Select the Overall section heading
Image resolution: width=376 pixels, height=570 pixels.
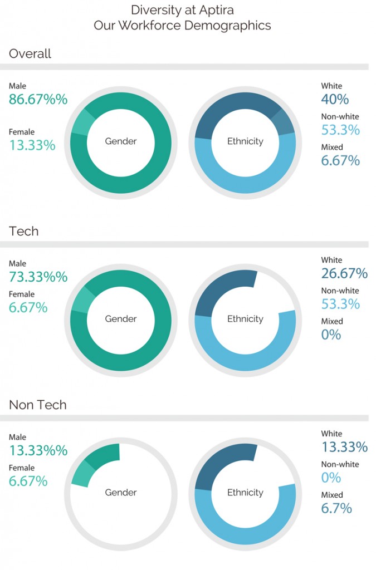[x=30, y=53]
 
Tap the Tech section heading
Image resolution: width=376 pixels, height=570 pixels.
[x=24, y=231]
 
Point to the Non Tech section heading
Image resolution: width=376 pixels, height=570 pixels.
[x=38, y=405]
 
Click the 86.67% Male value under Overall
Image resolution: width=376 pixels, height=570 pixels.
[x=38, y=100]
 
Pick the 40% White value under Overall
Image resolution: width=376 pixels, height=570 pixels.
[x=335, y=100]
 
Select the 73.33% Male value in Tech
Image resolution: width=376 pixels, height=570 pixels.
[x=38, y=277]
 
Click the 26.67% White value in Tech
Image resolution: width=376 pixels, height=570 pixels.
[x=344, y=273]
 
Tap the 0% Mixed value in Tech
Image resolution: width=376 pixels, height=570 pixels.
[x=331, y=335]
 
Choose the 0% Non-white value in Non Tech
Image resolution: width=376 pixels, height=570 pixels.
[x=331, y=478]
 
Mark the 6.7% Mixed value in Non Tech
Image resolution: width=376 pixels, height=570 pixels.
[x=336, y=508]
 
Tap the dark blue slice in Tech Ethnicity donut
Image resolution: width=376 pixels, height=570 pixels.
[x=218, y=288]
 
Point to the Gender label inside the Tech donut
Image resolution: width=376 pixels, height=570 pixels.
[x=121, y=319]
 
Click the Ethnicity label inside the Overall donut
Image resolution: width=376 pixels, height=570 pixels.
[x=245, y=141]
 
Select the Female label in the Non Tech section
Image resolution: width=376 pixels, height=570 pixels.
[x=22, y=468]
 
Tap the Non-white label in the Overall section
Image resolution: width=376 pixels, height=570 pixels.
[x=340, y=117]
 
